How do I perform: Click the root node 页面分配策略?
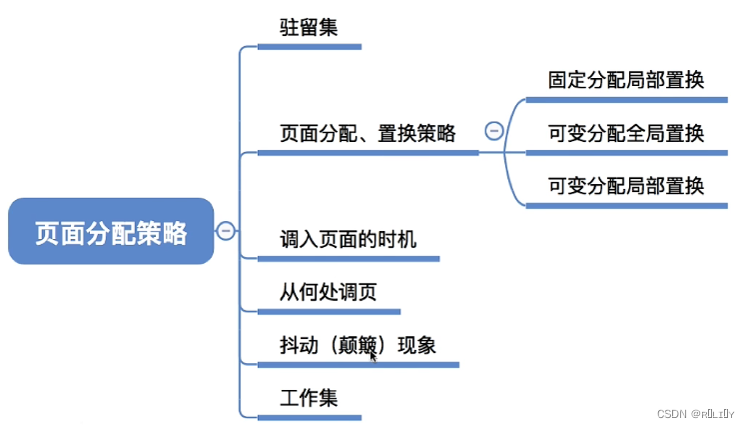click(111, 232)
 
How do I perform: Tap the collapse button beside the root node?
click(226, 231)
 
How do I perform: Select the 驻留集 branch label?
click(309, 27)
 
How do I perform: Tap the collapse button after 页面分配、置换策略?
click(493, 130)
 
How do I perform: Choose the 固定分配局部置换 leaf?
click(626, 80)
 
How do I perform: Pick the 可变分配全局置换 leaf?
click(626, 133)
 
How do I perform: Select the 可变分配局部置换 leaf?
click(626, 185)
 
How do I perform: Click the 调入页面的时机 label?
click(349, 239)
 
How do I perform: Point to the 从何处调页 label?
click(329, 292)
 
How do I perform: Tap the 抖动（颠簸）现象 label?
click(358, 345)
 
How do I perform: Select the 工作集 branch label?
click(309, 397)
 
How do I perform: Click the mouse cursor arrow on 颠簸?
click(373, 353)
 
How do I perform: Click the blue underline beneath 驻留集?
click(309, 46)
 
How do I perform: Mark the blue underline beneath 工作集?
click(309, 416)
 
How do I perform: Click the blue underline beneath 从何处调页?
click(329, 311)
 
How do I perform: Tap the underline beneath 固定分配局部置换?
click(626, 100)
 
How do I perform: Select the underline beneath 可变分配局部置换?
click(626, 205)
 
